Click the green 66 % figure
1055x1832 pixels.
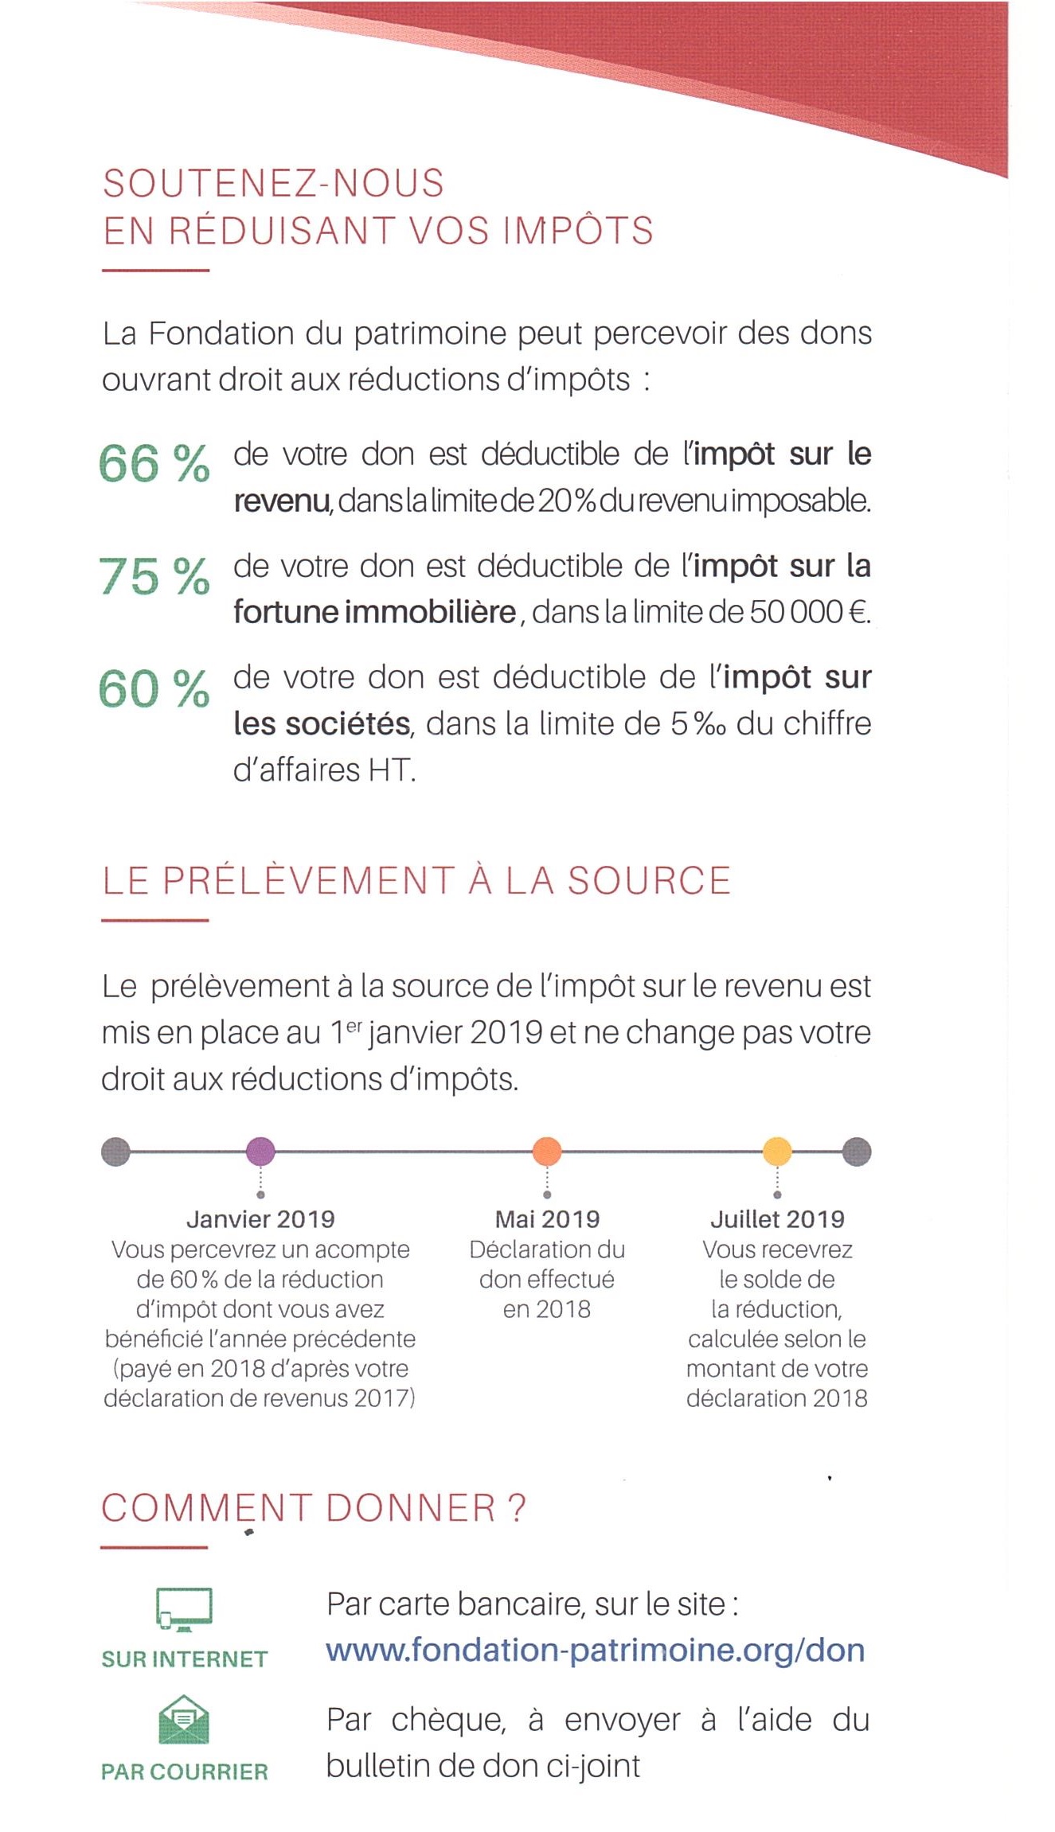(x=154, y=464)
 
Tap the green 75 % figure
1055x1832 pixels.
(x=154, y=576)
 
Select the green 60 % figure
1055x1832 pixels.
(x=154, y=688)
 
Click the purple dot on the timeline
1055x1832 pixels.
(x=260, y=1152)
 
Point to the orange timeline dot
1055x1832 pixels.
(x=547, y=1152)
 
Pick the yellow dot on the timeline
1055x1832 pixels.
(x=777, y=1152)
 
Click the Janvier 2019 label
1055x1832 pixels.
(x=260, y=1219)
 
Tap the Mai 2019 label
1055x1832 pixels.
(x=547, y=1219)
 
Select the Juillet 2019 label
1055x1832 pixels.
(x=777, y=1219)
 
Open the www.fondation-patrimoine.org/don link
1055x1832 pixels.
(x=596, y=1651)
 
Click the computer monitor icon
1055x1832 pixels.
(x=184, y=1609)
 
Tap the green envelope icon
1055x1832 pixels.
(x=184, y=1720)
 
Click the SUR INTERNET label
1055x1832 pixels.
(x=184, y=1659)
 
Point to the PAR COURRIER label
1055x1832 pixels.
(x=184, y=1772)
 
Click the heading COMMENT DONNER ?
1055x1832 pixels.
(x=314, y=1508)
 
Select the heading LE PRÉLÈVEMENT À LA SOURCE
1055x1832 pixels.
(x=416, y=881)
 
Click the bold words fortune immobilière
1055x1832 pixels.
(x=375, y=612)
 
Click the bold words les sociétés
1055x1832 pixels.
(x=322, y=723)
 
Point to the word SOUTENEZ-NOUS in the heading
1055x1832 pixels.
(x=273, y=183)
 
